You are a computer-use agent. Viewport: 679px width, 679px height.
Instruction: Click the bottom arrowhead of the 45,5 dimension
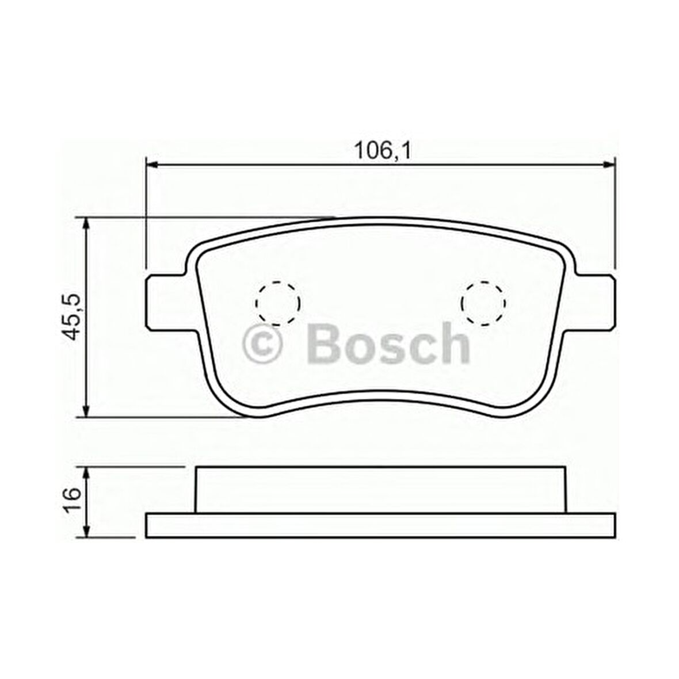tap(86, 411)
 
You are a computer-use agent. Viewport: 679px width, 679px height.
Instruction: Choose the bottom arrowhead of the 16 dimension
tap(86, 532)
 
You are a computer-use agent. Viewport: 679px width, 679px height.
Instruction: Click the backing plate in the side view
tap(380, 526)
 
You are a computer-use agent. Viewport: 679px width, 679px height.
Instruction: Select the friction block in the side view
tap(380, 489)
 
